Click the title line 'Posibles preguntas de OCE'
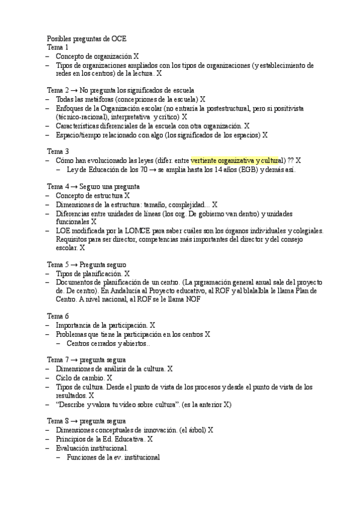click(x=87, y=38)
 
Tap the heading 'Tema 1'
click(x=58, y=47)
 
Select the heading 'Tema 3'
click(x=58, y=152)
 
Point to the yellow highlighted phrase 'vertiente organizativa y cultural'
click(x=237, y=161)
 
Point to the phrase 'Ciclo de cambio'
click(x=80, y=378)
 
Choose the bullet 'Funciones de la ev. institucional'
click(x=113, y=457)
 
